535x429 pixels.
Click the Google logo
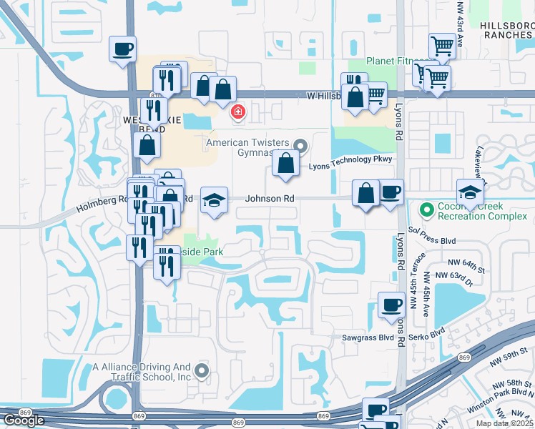coord(24,420)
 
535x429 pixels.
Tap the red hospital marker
coord(237,112)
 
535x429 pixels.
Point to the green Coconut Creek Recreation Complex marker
coord(428,210)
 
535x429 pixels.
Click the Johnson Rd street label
coord(270,198)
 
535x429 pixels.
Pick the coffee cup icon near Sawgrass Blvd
coord(391,305)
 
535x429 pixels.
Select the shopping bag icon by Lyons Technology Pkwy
coord(285,163)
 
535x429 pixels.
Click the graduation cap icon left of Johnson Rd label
coord(214,201)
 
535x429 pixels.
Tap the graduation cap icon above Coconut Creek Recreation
coord(470,192)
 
